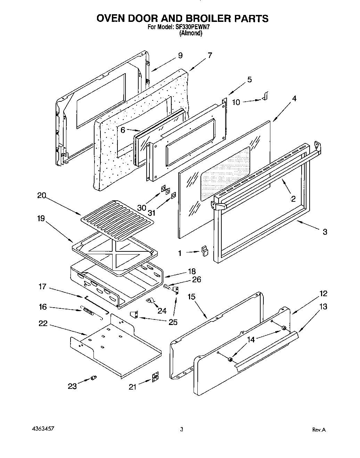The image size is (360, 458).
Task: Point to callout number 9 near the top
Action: (180, 56)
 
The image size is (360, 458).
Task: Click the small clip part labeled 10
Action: (266, 97)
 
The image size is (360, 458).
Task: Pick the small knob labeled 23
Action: (93, 378)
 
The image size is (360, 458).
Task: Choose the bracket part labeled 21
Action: (155, 378)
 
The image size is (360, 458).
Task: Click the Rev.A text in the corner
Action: (319, 430)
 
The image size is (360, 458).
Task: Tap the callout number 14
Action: (251, 340)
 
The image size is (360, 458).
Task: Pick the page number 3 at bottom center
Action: (181, 430)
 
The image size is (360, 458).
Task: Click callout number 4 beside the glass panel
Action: (294, 98)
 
